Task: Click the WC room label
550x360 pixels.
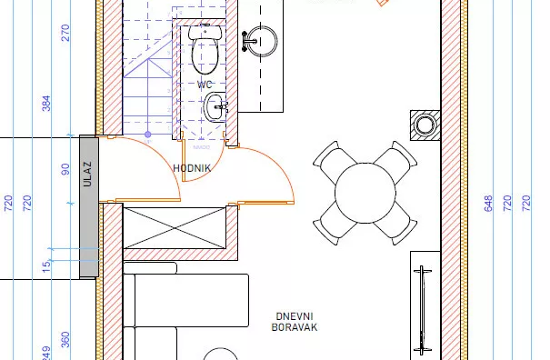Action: [205, 85]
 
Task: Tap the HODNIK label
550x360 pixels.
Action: [193, 168]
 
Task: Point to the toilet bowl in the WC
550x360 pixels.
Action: [205, 53]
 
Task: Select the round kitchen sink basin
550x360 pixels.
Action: [263, 39]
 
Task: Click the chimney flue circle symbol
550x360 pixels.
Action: [425, 125]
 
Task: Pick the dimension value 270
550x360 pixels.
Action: [65, 34]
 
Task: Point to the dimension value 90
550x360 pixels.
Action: [65, 169]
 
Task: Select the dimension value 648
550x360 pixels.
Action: [488, 202]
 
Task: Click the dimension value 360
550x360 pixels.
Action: [65, 338]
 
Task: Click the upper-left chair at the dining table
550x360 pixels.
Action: [329, 160]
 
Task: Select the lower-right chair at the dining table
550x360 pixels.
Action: [399, 224]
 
